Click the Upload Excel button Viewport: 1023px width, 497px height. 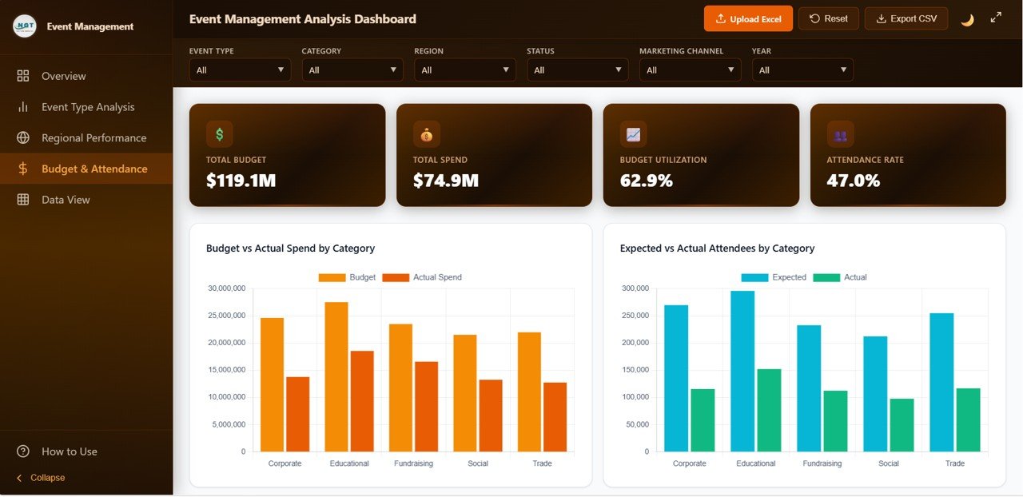(748, 19)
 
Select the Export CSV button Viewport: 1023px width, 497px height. (906, 18)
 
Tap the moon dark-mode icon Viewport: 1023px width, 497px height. (967, 19)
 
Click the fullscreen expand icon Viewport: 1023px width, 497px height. (996, 18)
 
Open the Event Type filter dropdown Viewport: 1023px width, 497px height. (240, 70)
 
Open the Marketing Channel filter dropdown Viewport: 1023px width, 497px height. (690, 70)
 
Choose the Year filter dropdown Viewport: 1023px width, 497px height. (802, 70)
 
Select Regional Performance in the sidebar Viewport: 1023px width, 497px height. (94, 138)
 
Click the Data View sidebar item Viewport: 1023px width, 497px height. (66, 200)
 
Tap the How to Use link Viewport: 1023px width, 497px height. (69, 451)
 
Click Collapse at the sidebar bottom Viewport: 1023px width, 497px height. (47, 478)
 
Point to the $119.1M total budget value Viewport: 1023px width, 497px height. (241, 181)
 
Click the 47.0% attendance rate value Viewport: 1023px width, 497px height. (853, 181)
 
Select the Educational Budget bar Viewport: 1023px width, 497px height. (336, 376)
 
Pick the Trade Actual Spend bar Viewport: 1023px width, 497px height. (555, 416)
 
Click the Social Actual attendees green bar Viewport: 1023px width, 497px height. (902, 424)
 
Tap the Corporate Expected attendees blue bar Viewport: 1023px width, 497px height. (676, 378)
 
